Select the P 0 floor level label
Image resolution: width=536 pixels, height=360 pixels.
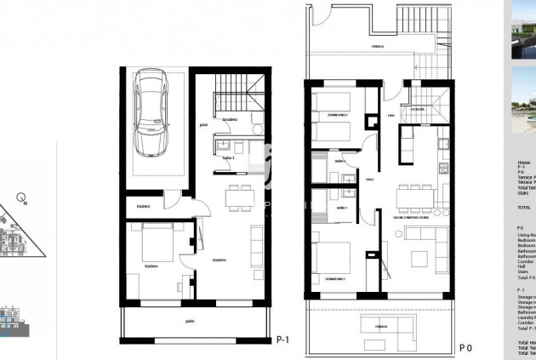(465, 347)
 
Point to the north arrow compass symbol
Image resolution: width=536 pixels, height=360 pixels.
(23, 201)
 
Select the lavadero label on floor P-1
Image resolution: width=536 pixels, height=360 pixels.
(230, 121)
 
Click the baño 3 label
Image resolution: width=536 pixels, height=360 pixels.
(228, 158)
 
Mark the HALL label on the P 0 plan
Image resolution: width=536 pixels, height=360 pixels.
(391, 115)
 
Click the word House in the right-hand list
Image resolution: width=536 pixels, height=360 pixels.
(523, 162)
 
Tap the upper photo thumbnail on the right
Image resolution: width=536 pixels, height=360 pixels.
(522, 31)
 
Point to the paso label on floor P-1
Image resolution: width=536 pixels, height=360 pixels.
(203, 126)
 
